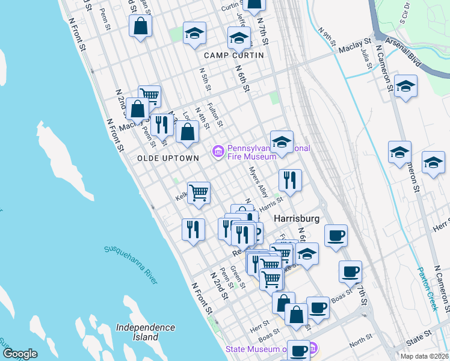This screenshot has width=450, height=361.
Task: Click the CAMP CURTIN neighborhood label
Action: point(234,55)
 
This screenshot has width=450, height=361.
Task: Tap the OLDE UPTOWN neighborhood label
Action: point(168,158)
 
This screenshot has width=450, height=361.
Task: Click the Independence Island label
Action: point(146,332)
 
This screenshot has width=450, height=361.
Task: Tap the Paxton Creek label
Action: point(428,288)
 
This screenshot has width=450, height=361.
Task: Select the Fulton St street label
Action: point(215,115)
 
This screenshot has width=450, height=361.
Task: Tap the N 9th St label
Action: point(331,37)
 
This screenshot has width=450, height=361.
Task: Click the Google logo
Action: point(20,353)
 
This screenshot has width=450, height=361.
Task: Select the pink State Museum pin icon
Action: point(313,349)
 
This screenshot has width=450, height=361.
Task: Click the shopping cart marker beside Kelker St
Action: point(199,193)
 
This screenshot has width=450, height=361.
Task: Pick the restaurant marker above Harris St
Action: point(290,180)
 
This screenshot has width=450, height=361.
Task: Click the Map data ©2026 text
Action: point(424,356)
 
